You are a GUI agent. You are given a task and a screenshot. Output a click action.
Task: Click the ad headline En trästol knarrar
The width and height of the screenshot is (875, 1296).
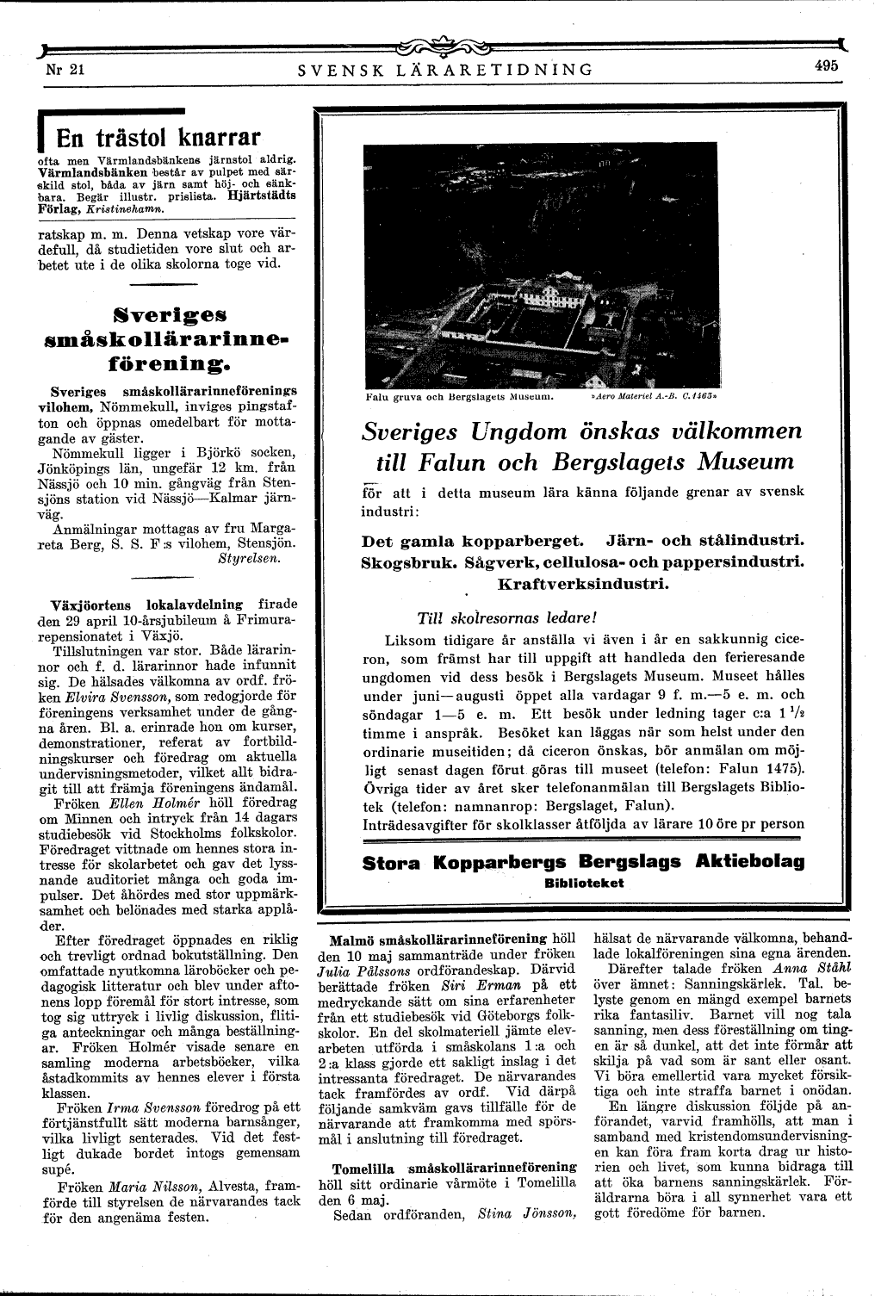[158, 137]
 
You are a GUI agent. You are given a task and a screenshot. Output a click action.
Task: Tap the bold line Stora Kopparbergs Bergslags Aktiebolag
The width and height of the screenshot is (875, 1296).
[583, 861]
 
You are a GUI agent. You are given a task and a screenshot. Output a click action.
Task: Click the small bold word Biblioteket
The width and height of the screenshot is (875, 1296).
[583, 884]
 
